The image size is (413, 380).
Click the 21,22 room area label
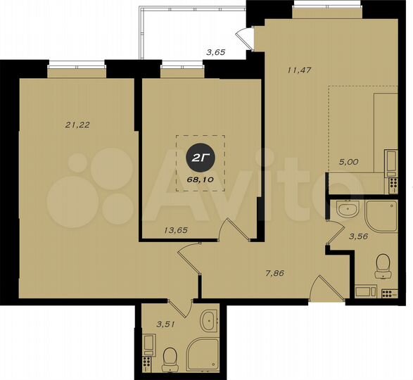[78, 125]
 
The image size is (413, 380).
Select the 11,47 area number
[300, 69]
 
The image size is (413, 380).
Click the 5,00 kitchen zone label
[348, 161]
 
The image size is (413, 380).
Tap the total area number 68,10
[199, 179]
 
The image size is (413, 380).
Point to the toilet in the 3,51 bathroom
[170, 357]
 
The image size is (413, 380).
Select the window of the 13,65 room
[182, 70]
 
